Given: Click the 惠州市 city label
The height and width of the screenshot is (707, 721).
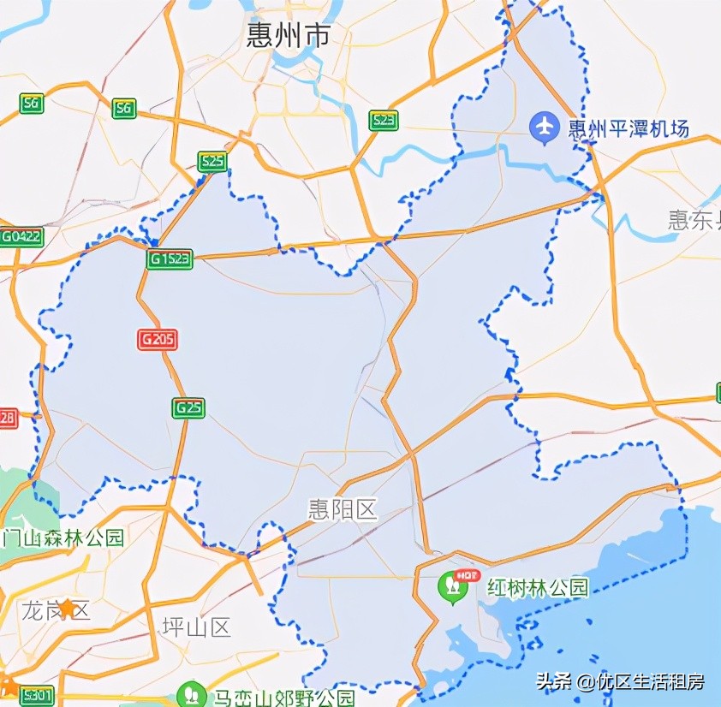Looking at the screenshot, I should tap(289, 35).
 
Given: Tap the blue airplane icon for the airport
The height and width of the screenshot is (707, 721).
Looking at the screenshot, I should tap(544, 128).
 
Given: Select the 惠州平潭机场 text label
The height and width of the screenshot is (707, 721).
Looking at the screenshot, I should tap(629, 129).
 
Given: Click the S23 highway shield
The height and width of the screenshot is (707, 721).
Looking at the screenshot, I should tap(384, 121).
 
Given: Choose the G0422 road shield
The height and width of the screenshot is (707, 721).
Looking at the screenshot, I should tap(21, 237).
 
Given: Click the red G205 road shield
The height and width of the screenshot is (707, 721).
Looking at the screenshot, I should tap(158, 340).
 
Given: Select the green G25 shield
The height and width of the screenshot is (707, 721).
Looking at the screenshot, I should tap(188, 407).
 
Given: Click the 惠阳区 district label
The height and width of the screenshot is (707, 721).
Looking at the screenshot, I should tap(343, 510).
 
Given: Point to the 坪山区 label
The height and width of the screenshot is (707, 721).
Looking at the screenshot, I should tap(197, 627).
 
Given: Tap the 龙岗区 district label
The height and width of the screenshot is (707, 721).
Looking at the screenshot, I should tap(45, 610).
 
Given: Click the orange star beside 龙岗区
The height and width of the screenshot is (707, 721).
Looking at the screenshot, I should tap(67, 607).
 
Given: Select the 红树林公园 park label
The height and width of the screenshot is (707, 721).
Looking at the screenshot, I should tap(538, 587).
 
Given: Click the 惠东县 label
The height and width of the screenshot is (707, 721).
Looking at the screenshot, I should tap(694, 220).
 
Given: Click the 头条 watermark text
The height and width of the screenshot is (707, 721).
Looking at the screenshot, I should tap(554, 681).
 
